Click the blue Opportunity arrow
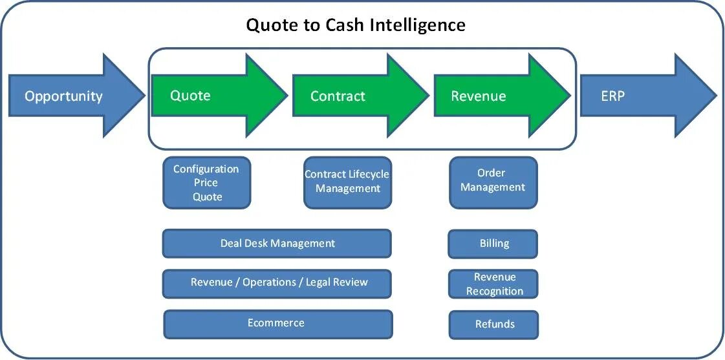coord(71,96)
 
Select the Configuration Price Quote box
coord(206,183)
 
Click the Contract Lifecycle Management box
coord(347,182)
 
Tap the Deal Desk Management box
coord(277,244)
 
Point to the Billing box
coord(493,244)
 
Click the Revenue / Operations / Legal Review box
coord(277,282)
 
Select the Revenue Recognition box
coord(494,284)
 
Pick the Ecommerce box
coord(277,323)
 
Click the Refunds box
coord(494,324)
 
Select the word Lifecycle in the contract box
coord(367,174)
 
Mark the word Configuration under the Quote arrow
coord(206,169)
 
